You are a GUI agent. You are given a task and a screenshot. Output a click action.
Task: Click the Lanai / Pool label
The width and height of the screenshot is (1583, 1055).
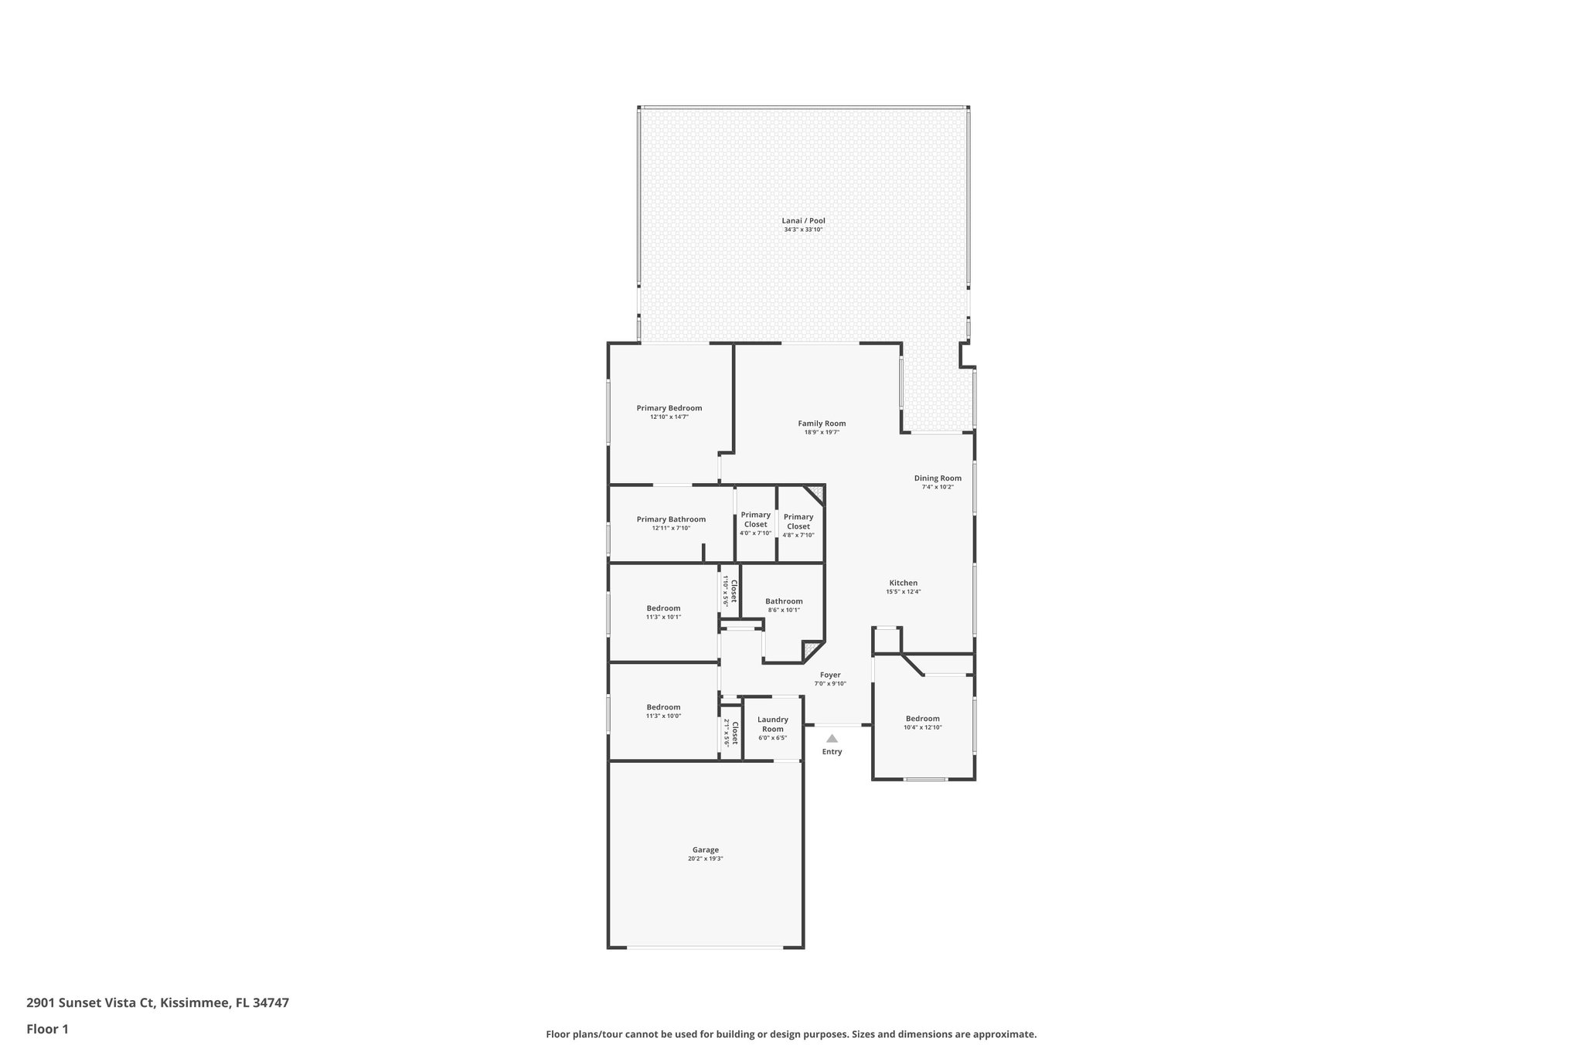pos(803,221)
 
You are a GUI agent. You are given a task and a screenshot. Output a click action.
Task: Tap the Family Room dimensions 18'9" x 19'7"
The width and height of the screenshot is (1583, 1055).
pos(822,433)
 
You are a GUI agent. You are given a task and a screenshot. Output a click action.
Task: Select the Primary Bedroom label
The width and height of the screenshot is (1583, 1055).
pos(669,408)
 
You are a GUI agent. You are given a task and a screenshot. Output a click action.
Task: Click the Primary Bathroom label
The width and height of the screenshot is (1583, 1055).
pos(671,519)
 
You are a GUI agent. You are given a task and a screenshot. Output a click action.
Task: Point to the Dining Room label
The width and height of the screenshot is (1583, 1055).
pos(938,478)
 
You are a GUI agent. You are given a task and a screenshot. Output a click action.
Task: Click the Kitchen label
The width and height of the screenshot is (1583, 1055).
pos(903,584)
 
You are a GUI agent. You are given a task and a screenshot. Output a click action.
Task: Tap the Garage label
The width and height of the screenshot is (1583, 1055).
pos(705,850)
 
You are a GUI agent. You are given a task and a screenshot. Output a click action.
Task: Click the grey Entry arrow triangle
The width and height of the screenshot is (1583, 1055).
pos(832,739)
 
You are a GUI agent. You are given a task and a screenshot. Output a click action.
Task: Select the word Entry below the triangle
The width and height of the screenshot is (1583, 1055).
pos(832,752)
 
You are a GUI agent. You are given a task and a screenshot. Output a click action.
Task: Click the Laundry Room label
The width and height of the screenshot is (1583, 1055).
pos(772,724)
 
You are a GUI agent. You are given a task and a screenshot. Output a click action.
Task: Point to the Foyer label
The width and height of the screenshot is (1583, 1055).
pos(830,675)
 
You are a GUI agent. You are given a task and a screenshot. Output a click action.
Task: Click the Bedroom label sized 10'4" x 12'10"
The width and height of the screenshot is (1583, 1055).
pos(922,719)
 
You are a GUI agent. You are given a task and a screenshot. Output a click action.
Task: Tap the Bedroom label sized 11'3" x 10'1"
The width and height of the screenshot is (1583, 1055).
pos(663,608)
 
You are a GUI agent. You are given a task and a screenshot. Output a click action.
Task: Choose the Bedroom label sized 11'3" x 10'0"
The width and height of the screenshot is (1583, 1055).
pos(663,707)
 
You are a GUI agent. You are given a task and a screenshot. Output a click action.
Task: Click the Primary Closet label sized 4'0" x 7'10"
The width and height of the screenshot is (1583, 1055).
pos(755,519)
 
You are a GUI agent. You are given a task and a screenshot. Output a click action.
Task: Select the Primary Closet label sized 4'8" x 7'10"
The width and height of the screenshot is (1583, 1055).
pos(798,522)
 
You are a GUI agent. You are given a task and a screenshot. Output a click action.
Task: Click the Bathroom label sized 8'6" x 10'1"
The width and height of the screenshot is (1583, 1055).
pos(784,601)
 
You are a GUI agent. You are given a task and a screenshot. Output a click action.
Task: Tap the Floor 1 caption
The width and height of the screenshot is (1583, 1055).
pos(47,1029)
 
